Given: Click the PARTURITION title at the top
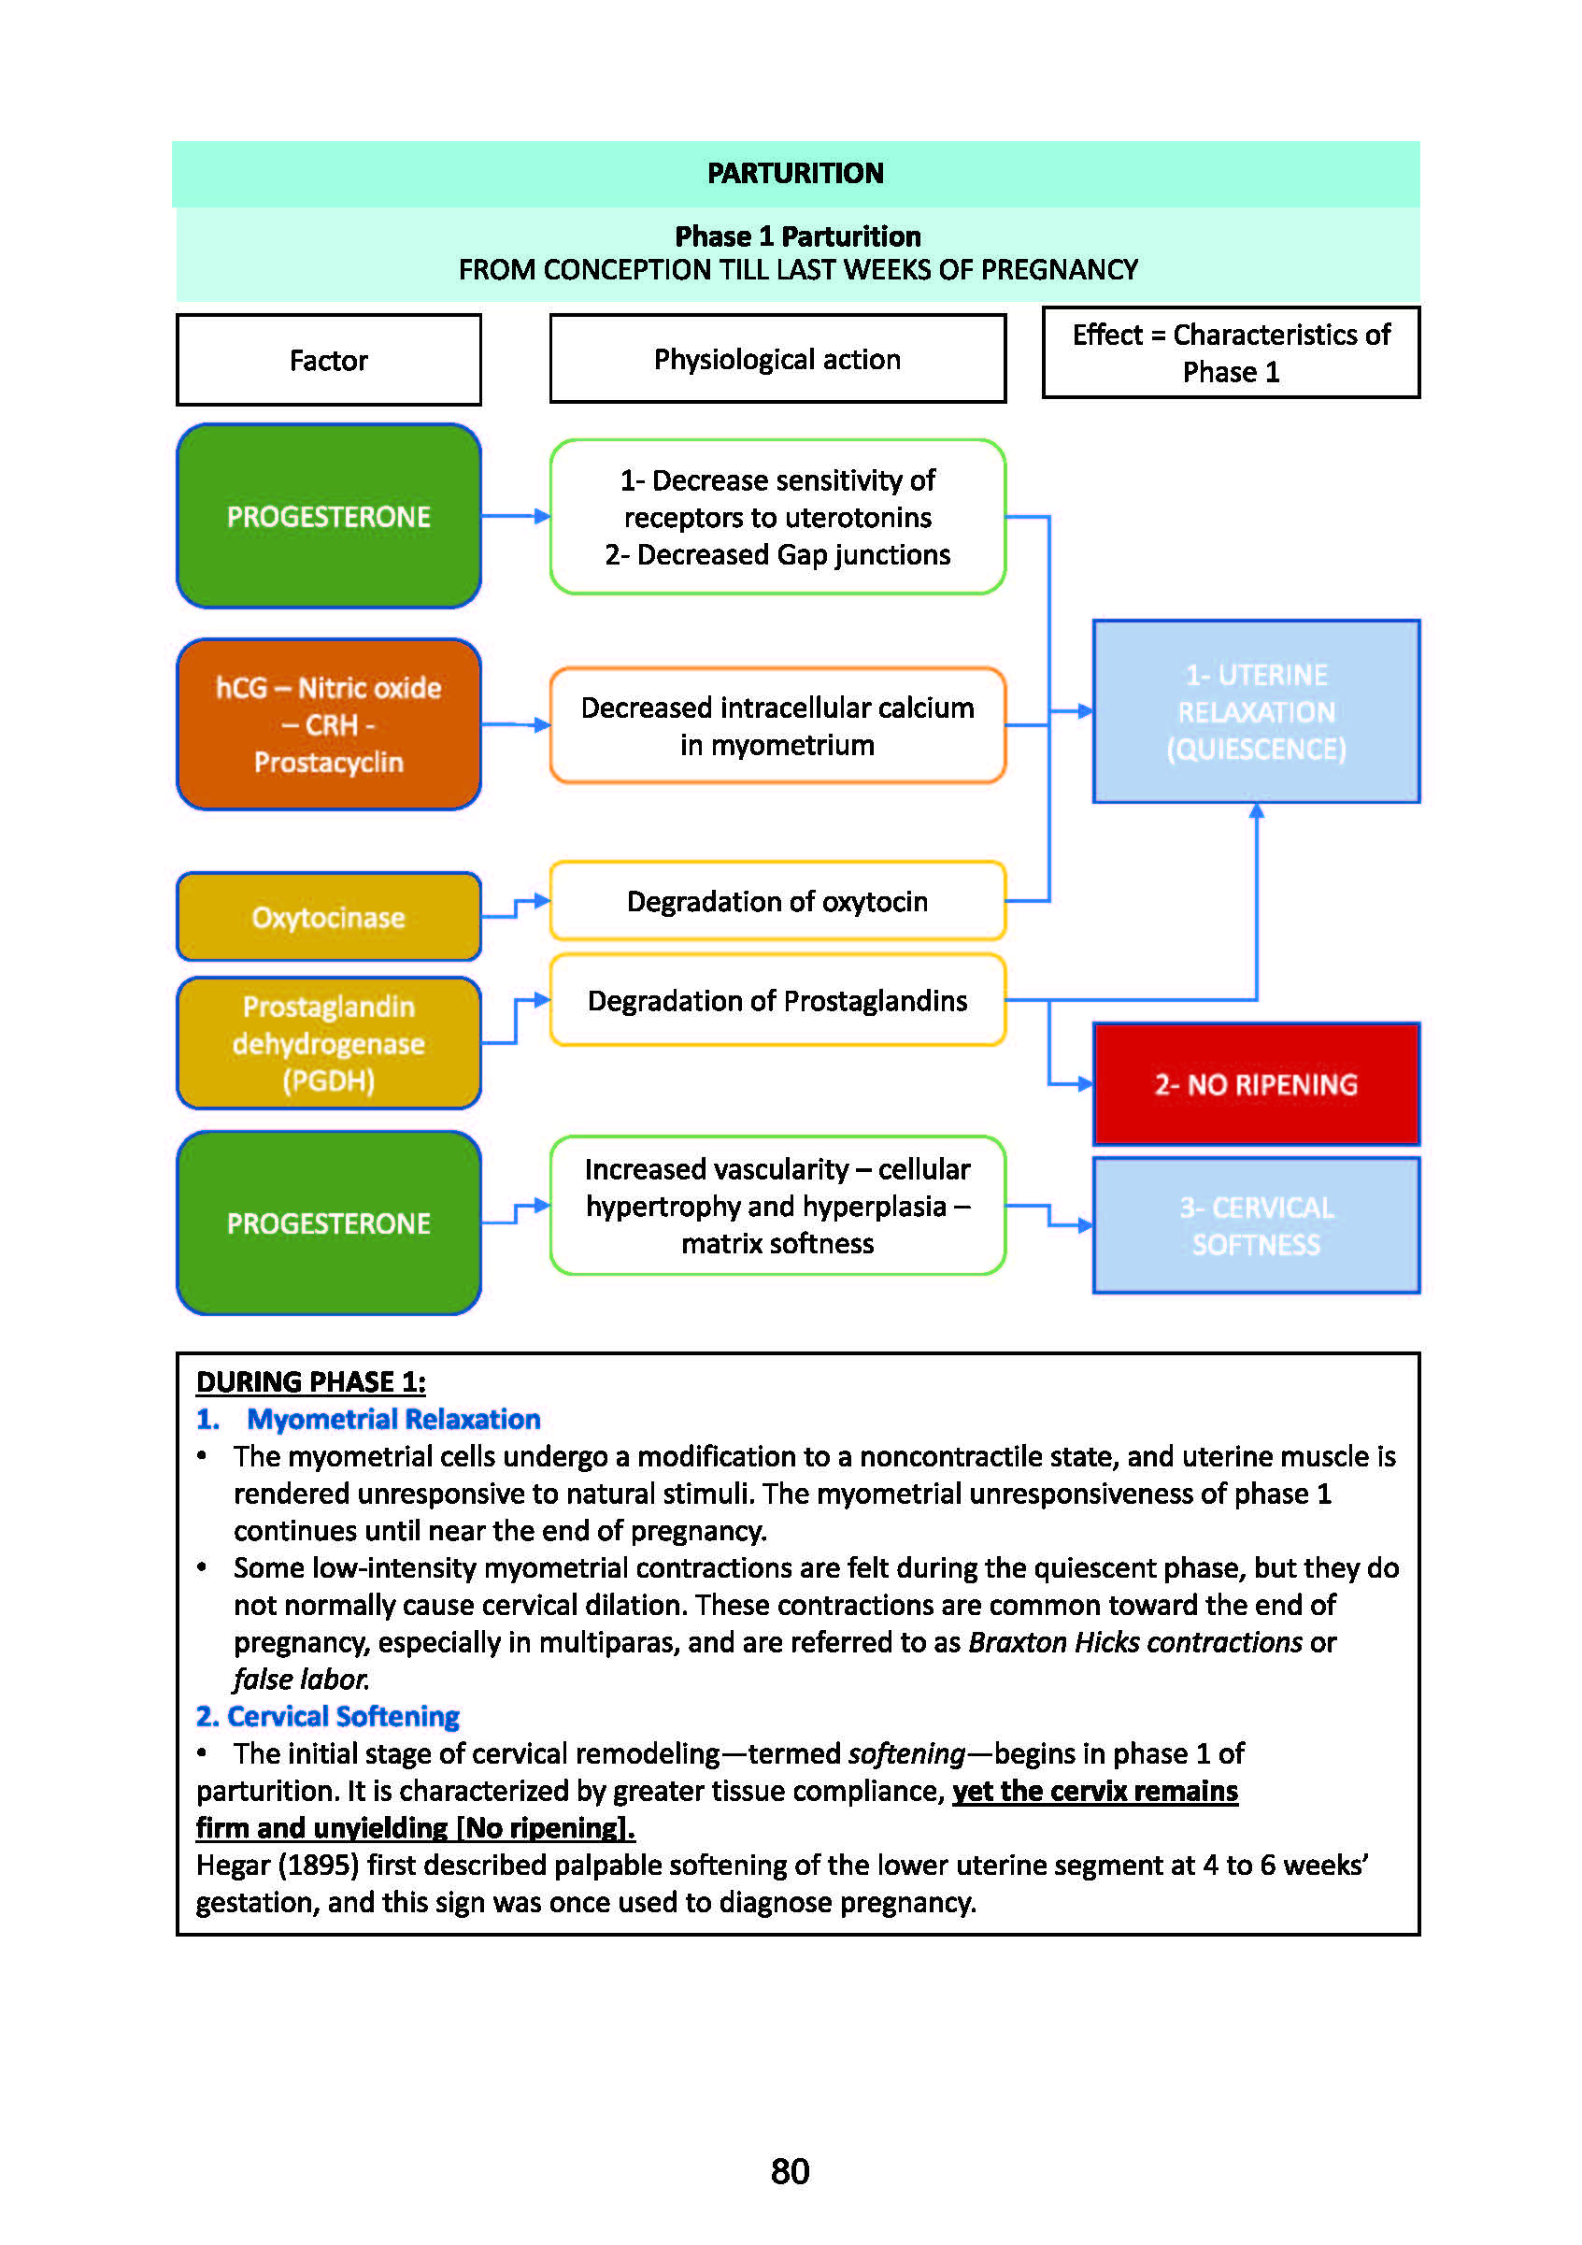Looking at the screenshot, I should tap(795, 173).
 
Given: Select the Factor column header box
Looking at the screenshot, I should tap(329, 360).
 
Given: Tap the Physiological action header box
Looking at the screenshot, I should tap(777, 359).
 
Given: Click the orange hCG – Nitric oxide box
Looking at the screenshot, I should tap(329, 724).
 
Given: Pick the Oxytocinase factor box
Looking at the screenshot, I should tap(329, 917).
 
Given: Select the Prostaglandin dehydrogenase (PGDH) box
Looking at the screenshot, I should tap(329, 1043).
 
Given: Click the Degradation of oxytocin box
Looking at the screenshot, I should tap(777, 901).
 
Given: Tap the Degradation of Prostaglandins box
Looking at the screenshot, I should tap(777, 1000).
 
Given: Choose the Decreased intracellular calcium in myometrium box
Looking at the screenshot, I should tap(777, 725).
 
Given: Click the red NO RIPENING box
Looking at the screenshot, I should tap(1256, 1084).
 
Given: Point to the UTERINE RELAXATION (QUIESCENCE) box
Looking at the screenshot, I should tap(1256, 712).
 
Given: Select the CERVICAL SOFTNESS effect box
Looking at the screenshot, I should tap(1256, 1225).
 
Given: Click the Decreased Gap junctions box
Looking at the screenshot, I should tap(777, 517).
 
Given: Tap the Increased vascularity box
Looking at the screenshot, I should tap(777, 1206).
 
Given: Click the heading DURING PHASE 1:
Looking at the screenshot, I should tap(311, 1381).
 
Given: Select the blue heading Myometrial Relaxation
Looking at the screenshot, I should tap(393, 1419).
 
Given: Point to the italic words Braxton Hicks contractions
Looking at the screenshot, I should tap(1134, 1642).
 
